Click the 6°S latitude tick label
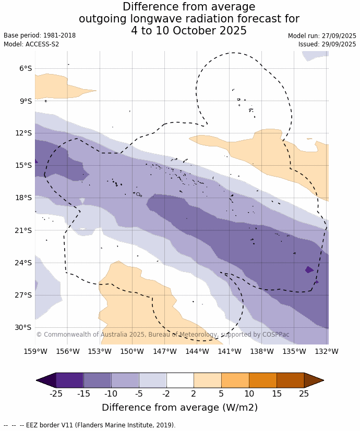26,68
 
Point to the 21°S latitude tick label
23,230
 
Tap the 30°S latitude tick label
23,327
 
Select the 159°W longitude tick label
35,351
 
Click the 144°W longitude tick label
197,351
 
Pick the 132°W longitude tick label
327,351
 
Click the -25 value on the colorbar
56,393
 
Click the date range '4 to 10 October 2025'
189,31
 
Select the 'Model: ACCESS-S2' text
31,44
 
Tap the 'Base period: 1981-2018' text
40,35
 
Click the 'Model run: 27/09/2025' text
322,36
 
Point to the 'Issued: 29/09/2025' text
327,44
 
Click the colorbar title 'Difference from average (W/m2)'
179,408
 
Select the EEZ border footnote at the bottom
89,425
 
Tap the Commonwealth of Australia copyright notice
162,335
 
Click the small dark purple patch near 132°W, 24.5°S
309,269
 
